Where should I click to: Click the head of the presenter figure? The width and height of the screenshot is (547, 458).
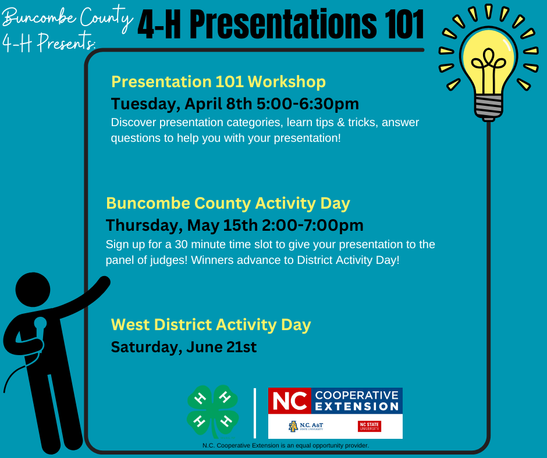coord(33,289)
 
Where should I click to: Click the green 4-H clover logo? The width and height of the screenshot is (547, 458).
coord(213,412)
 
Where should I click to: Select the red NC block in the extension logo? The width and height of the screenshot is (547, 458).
coord(290,400)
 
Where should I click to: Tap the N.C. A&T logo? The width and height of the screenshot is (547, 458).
coord(306,426)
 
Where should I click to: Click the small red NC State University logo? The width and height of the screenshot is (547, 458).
coord(370,426)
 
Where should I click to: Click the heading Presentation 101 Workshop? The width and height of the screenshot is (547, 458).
coord(218,82)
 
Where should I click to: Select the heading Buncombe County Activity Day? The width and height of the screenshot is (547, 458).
coord(228,203)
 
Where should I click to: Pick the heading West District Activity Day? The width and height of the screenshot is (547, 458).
coord(211,325)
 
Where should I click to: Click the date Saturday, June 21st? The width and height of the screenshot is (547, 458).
coord(184,348)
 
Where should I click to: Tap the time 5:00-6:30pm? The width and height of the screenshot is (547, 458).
coord(308,104)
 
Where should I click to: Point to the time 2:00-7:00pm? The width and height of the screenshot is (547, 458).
coord(312,225)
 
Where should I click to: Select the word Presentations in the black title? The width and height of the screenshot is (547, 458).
coord(283,24)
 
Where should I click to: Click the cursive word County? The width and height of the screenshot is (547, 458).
coord(106,18)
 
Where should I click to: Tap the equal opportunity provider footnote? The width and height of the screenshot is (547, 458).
coord(286,445)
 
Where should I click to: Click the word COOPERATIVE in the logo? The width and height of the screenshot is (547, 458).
coord(357,395)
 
